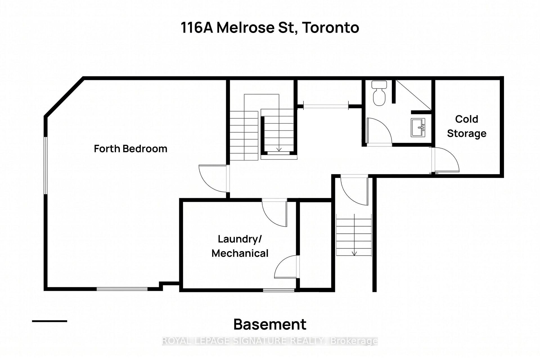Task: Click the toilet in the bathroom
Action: (x=379, y=93)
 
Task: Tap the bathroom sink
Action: (x=418, y=128)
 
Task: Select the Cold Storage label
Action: (x=467, y=126)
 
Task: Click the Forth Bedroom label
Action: (x=130, y=148)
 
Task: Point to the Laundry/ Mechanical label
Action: (x=240, y=246)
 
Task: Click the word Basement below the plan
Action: (x=270, y=324)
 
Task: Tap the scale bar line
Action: (x=49, y=321)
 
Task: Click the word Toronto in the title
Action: (x=331, y=28)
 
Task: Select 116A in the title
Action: (x=197, y=28)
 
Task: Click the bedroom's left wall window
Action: (x=46, y=165)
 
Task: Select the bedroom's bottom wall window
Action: (x=122, y=289)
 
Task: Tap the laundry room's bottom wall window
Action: (x=279, y=290)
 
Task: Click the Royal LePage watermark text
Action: (x=270, y=341)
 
